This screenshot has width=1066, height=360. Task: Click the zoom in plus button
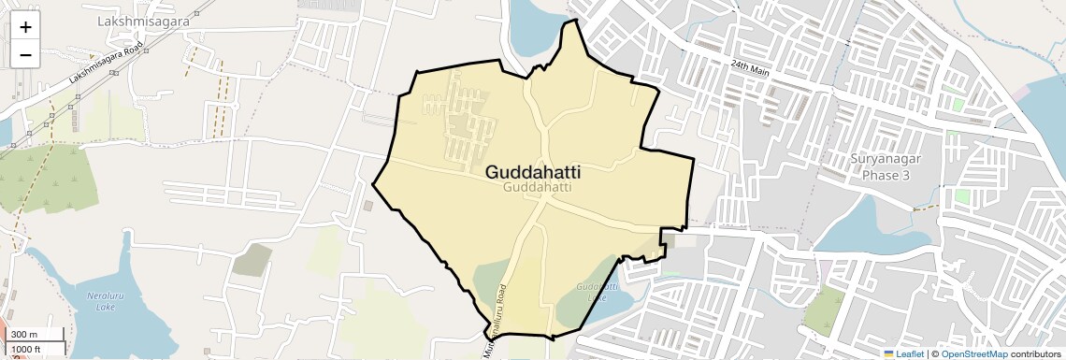tap(25, 26)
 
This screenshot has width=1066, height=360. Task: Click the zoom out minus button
tap(25, 54)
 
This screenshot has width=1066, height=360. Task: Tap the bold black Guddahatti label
tap(533, 172)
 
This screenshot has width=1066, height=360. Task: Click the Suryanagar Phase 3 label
tap(886, 166)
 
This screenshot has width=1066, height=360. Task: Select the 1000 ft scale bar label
tap(27, 349)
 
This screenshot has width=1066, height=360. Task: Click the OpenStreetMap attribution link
tap(974, 353)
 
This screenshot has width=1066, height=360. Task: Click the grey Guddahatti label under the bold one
tap(537, 188)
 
